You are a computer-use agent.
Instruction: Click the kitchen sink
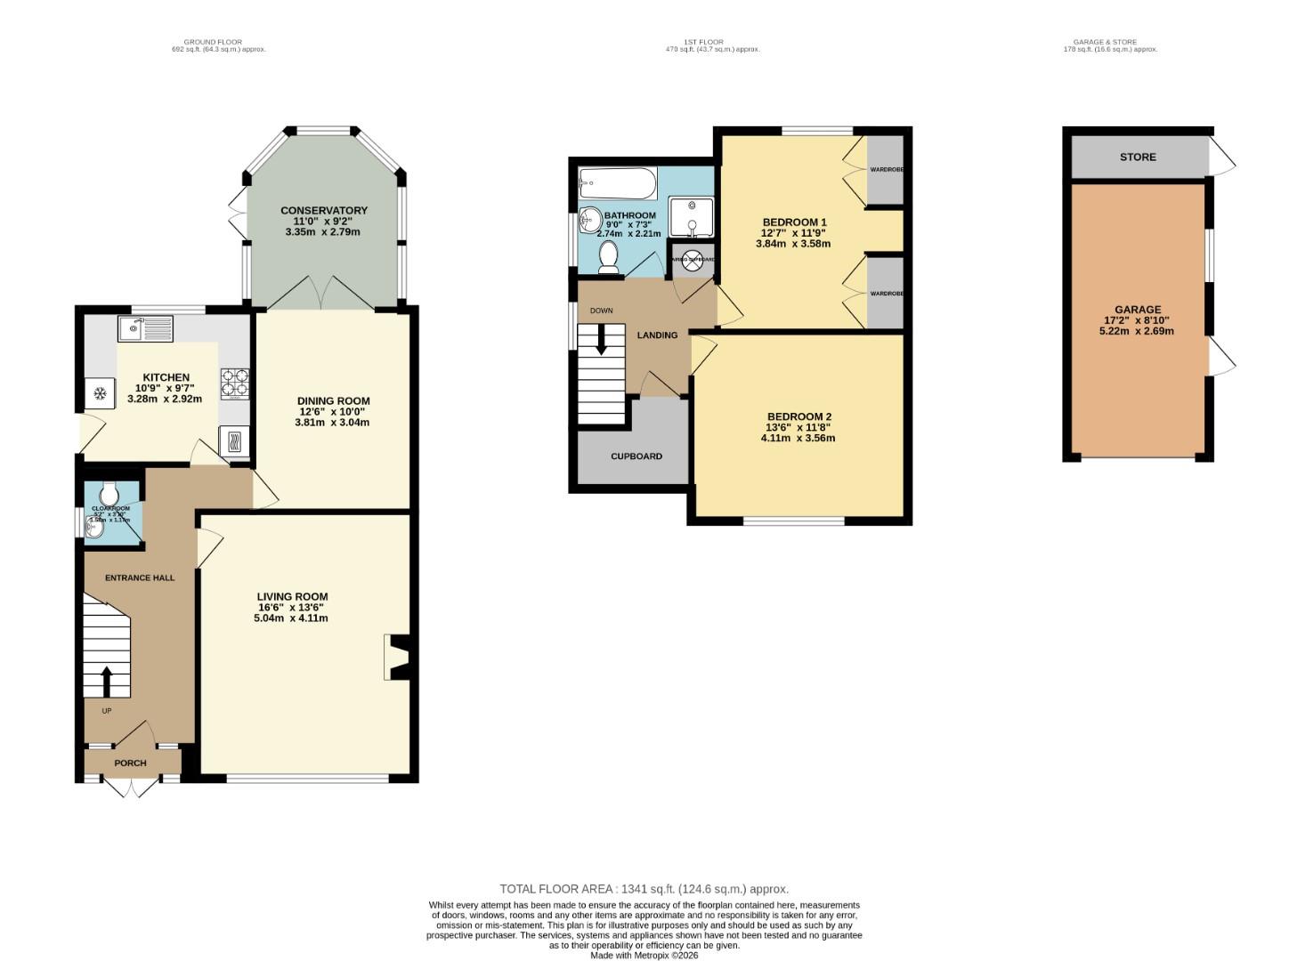coord(145,329)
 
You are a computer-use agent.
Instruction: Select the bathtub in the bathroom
coord(618,184)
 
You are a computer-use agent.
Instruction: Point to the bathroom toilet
coord(609,256)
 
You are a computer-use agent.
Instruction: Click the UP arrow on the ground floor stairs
coord(107,682)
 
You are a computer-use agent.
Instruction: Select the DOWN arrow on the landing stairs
coord(601,339)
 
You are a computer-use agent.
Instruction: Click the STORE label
coord(1138,157)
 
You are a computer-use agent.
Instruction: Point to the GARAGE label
coord(1138,310)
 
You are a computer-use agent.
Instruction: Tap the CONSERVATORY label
coord(324,211)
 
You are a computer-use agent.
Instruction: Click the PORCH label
coord(131,763)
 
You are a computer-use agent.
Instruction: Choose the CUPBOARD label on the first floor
coord(636,456)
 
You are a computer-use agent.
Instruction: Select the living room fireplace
coord(396,658)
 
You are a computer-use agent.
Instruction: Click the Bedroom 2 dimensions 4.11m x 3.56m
coord(798,438)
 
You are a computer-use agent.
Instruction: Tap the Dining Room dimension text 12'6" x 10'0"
coord(333,411)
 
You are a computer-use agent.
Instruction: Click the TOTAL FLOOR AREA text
coord(644,889)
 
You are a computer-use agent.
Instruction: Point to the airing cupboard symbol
coord(693,259)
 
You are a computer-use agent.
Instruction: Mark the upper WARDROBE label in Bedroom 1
coord(886,169)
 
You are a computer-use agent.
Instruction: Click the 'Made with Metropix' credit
coord(644,956)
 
